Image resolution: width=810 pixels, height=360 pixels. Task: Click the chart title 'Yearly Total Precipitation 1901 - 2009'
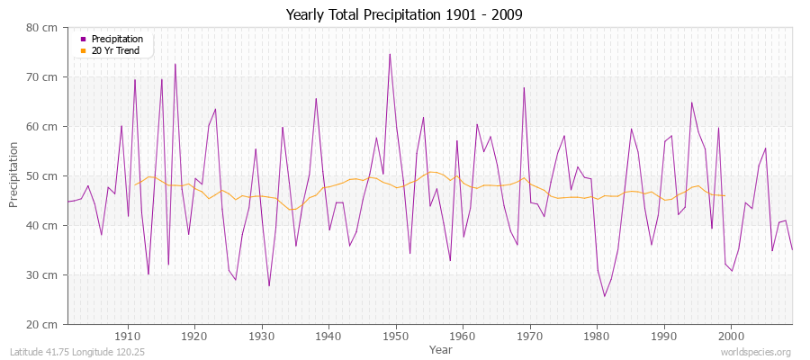[403, 15]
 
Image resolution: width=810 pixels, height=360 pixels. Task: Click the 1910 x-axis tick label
[128, 337]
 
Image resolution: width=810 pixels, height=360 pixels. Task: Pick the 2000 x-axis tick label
[731, 337]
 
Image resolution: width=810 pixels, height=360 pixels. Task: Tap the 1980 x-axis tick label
[597, 337]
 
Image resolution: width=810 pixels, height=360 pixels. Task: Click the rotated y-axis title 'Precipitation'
[14, 175]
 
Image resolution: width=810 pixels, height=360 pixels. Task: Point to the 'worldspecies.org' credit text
[755, 352]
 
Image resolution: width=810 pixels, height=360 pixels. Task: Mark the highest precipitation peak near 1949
[390, 54]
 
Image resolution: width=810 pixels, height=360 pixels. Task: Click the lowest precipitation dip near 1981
[604, 296]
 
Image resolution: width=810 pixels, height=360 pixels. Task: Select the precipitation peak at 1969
[524, 87]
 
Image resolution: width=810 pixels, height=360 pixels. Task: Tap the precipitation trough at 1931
[269, 285]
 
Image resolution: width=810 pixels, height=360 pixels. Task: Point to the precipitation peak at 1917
[175, 64]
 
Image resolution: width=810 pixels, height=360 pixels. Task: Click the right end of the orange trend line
[724, 195]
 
